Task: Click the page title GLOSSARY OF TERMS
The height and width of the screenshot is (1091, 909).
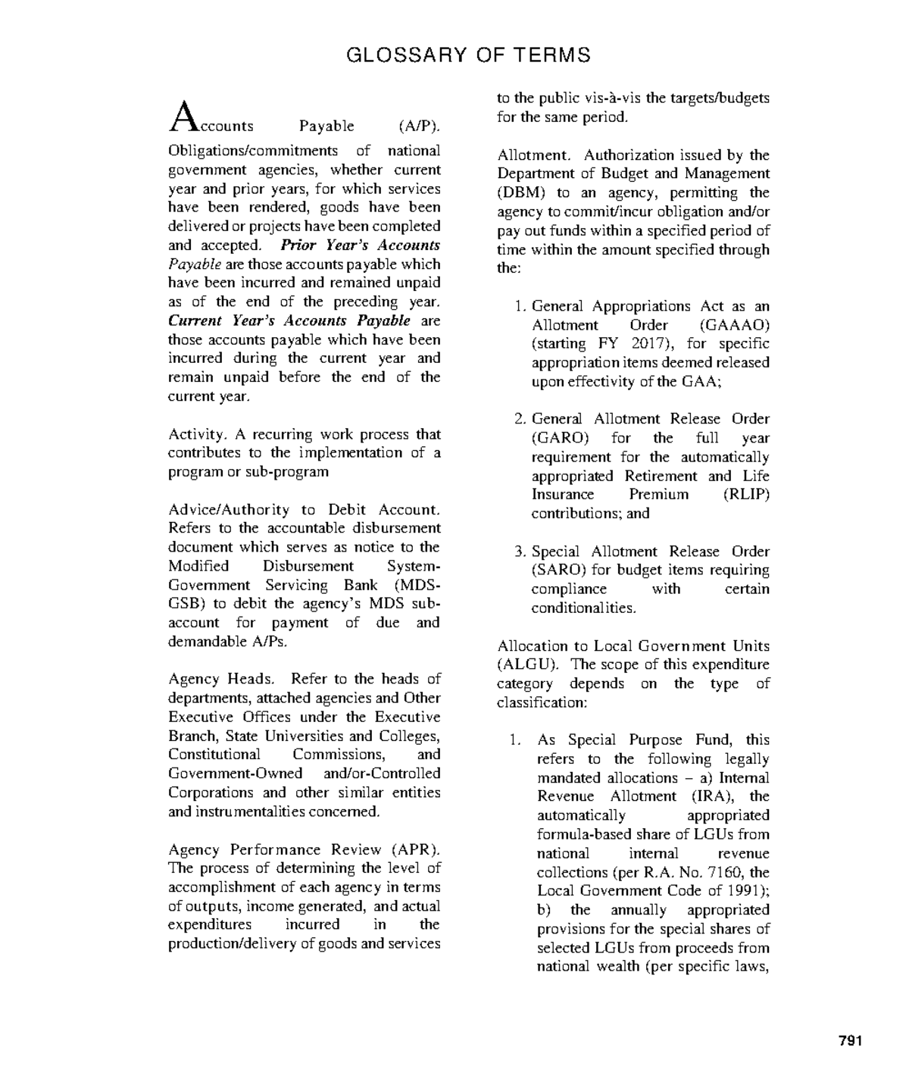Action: coord(468,55)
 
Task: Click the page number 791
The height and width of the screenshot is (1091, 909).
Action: coord(851,1041)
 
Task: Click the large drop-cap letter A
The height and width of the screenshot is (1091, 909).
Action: coord(183,117)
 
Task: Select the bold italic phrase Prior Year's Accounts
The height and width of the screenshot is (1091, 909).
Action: coord(360,245)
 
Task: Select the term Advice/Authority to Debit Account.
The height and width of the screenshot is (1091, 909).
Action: coord(303,510)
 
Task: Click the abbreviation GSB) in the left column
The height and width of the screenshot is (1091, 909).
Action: coord(186,604)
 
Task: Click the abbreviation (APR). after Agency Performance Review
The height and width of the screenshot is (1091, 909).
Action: coord(415,849)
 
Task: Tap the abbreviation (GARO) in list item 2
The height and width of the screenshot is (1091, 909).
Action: coord(560,438)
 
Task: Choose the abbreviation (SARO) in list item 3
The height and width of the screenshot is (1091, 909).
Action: coord(560,571)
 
